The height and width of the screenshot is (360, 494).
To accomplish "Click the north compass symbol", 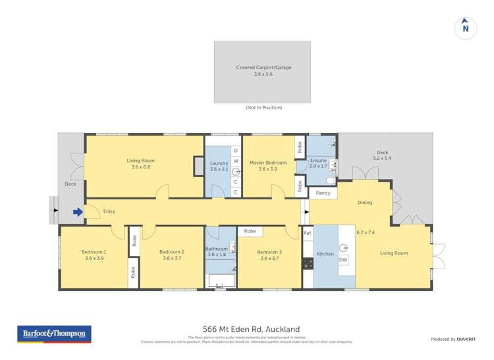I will point(465,28).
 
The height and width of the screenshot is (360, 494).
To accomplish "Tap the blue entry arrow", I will point(78,212).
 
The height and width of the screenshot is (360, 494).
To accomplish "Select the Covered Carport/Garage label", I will point(263,67).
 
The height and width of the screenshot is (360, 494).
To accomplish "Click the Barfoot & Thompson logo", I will point(54,334).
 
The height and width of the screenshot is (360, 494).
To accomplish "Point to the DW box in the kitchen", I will point(343,260).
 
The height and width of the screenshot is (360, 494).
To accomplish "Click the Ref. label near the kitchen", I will point(308,233).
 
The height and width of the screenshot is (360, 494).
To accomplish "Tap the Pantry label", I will point(323,193).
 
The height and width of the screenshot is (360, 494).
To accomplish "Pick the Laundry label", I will point(219,163).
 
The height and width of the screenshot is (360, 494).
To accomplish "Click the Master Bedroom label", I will point(268,163).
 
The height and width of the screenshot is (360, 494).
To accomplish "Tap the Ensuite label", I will point(318,160).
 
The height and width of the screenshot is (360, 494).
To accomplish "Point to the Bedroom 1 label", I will point(94,252).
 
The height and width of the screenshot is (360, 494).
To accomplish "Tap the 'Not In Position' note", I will point(263,107).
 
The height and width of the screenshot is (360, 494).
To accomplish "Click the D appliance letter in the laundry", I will point(236,151).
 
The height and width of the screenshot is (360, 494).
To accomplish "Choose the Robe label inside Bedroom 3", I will point(250,231).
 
